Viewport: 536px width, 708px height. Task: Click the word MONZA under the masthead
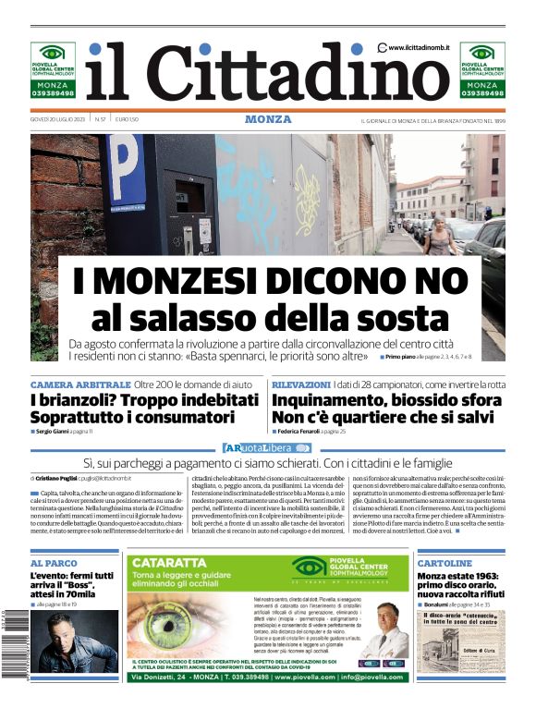tap(268, 119)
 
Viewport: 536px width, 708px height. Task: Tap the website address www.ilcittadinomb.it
tap(418, 47)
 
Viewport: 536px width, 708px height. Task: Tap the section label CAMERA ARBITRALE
tap(80, 384)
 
